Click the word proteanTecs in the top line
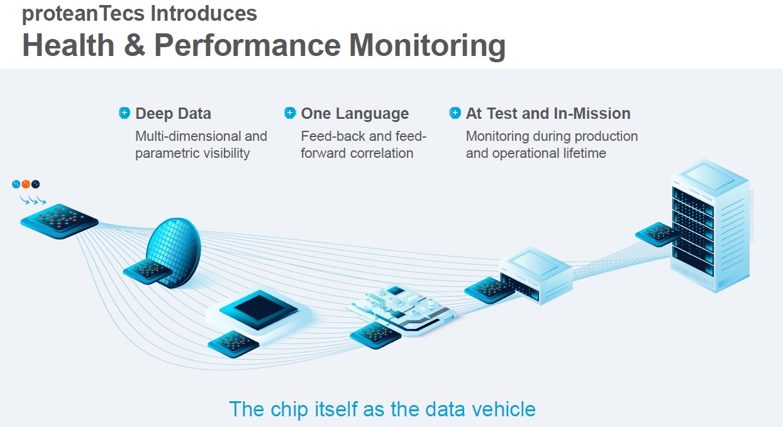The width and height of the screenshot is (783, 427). click(x=76, y=14)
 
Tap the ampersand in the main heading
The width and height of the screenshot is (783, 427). click(x=135, y=45)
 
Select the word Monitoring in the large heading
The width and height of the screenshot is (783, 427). click(x=427, y=45)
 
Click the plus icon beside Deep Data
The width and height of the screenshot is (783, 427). click(x=125, y=113)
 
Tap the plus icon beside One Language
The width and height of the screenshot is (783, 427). click(x=290, y=113)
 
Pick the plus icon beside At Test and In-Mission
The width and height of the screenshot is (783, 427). click(x=455, y=113)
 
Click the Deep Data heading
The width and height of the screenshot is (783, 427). click(x=173, y=114)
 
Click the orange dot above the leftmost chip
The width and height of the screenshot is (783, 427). click(x=26, y=184)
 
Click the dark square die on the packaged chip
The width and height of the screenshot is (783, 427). click(x=258, y=308)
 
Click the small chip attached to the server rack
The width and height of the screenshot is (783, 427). click(x=657, y=234)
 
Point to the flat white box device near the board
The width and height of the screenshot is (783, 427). click(x=535, y=270)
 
